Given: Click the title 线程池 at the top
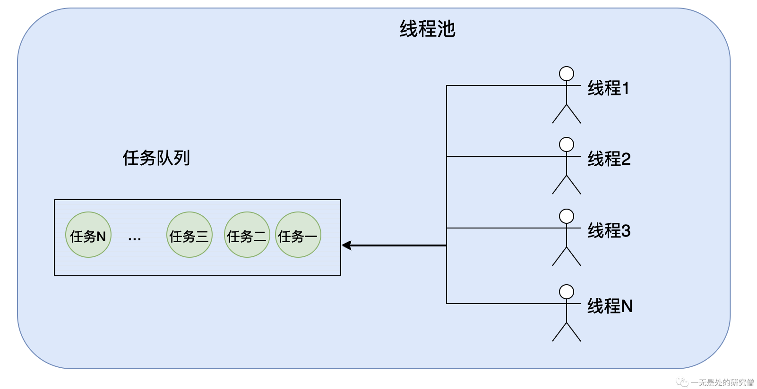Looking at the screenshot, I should coord(427,29).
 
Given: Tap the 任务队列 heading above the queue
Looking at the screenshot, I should coord(156,158).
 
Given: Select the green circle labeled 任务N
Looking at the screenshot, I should coord(88,235).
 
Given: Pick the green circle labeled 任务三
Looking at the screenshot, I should coord(189,235).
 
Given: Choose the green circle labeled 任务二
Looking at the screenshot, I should coord(247,235).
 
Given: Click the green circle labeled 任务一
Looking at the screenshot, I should coord(298,235).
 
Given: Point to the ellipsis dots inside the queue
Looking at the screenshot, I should coord(135,239).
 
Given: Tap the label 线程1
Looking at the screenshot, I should coord(608,88).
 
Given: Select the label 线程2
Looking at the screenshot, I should coord(609,159).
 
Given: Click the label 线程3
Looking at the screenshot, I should coord(609,231).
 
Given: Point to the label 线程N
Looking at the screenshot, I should coord(610,306).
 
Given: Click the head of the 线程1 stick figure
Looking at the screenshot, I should coord(566,74).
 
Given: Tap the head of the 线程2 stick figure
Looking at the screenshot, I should coord(566,144).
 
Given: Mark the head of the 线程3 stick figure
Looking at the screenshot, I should coord(566,216).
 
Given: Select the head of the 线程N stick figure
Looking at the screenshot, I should coord(566,292).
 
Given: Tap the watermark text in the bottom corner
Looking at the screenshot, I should coord(722,382).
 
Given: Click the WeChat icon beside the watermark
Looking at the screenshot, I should coord(682,382).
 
